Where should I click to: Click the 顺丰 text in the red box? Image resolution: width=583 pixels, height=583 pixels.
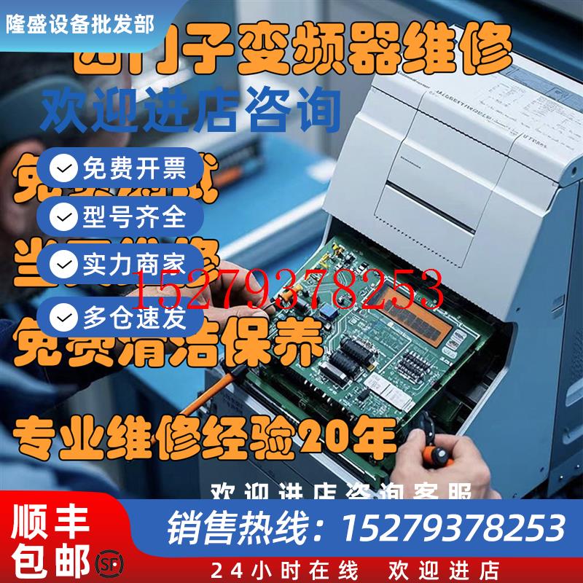tap(50, 519)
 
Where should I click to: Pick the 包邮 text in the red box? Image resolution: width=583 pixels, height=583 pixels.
tap(50, 557)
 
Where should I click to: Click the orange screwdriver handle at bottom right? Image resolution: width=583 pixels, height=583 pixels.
tap(439, 456)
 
